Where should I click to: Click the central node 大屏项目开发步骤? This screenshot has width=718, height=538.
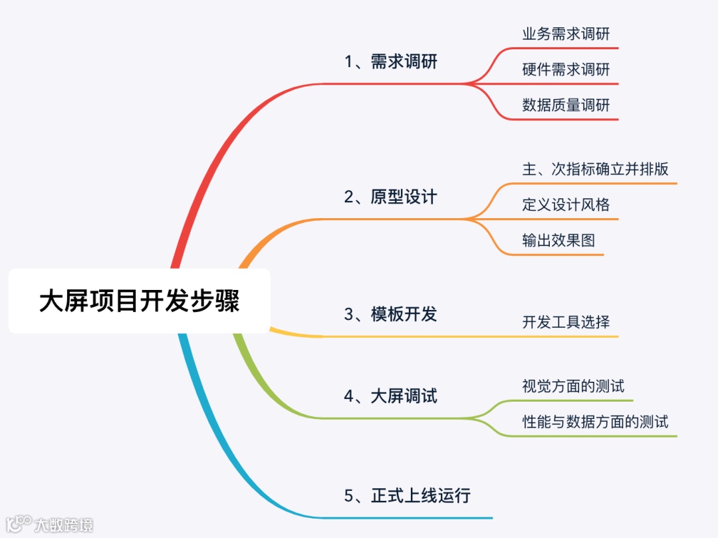(x=139, y=301)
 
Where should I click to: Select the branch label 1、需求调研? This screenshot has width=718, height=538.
(x=391, y=62)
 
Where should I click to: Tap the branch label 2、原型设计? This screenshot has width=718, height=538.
(x=391, y=197)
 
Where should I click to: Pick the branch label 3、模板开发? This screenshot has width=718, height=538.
(x=391, y=314)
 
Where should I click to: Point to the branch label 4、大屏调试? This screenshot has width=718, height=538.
(x=391, y=396)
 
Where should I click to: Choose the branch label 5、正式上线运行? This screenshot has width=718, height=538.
(x=408, y=495)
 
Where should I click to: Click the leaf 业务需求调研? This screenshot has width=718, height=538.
(x=566, y=35)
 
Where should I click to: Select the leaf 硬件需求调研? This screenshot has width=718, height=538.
(x=566, y=70)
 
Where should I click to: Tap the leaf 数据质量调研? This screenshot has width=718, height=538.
(x=566, y=105)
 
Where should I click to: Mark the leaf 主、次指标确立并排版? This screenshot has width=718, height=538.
(x=596, y=169)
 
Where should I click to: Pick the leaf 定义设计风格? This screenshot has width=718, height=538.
(x=566, y=205)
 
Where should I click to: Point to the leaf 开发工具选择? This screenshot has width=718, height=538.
(x=566, y=323)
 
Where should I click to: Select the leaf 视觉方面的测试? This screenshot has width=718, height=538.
(x=573, y=386)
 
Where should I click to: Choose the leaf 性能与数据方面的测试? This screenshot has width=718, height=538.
(x=596, y=422)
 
